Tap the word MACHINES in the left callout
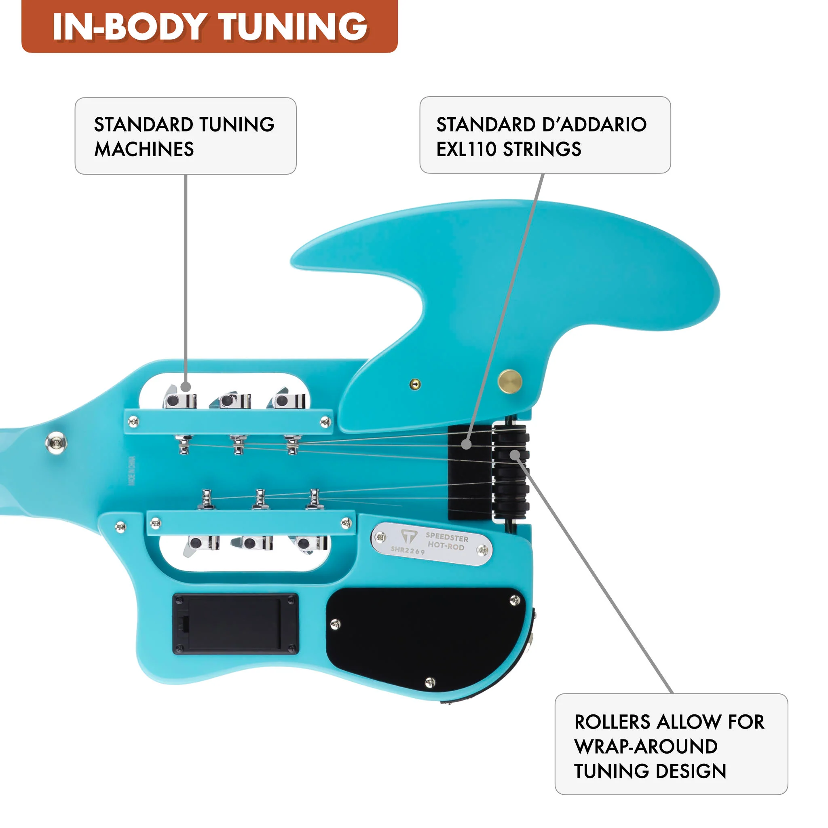144,149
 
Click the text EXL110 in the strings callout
466,149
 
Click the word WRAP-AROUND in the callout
646,747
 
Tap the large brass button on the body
509,381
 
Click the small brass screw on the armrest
415,384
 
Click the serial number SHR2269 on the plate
408,550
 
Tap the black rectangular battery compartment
235,624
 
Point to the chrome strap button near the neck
56,442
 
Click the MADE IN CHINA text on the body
131,471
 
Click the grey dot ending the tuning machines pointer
186,387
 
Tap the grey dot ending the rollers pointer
515,454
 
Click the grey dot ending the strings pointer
466,444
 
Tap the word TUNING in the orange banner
294,27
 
